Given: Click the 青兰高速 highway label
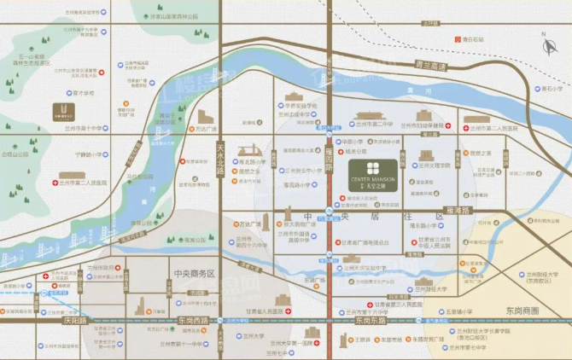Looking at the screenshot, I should pyautogui.click(x=429, y=65).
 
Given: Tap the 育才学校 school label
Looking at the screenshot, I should pyautogui.click(x=83, y=92).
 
